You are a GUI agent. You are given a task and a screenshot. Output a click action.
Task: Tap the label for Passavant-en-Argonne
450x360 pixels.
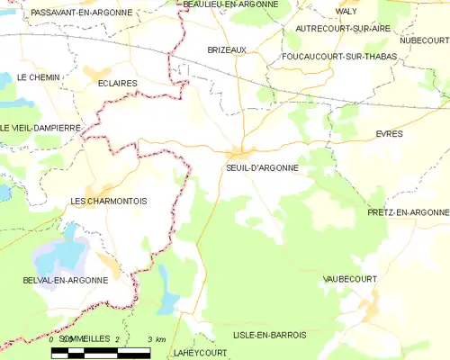(80, 13)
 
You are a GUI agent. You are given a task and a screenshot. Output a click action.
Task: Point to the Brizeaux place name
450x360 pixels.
(227, 50)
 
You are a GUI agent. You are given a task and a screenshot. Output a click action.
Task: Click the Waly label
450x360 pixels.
(346, 11)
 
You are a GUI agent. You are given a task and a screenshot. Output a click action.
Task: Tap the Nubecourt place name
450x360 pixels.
(425, 40)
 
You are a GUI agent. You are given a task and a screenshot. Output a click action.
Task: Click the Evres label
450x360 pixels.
(389, 133)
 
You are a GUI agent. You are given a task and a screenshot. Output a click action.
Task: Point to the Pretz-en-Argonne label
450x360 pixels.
(408, 211)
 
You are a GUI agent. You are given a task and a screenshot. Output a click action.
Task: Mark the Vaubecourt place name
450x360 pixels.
(349, 280)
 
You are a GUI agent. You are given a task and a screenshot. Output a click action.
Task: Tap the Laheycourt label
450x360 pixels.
(197, 354)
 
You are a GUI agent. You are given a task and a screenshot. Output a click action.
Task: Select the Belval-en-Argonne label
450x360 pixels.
(66, 280)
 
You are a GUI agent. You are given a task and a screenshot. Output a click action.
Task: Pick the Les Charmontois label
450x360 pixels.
(108, 201)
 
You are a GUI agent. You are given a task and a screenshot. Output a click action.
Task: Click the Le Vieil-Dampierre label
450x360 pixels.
(40, 128)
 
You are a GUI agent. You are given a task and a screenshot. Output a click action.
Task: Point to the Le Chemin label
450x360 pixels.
(39, 77)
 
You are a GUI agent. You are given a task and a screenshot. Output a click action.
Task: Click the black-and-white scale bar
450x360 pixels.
(101, 353)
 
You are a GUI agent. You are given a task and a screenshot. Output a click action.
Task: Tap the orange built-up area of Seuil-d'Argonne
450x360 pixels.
(241, 152)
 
